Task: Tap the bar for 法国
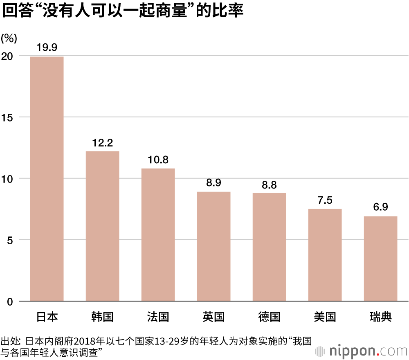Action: [158, 235]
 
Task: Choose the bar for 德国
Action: [269, 247]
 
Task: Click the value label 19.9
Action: [47, 47]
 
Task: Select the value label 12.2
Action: [102, 143]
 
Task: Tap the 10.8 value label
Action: [158, 160]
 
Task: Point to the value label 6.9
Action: [380, 207]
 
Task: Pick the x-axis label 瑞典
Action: [380, 317]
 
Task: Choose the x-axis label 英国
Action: [213, 317]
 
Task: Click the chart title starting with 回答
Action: [123, 11]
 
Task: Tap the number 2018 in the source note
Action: [86, 340]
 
